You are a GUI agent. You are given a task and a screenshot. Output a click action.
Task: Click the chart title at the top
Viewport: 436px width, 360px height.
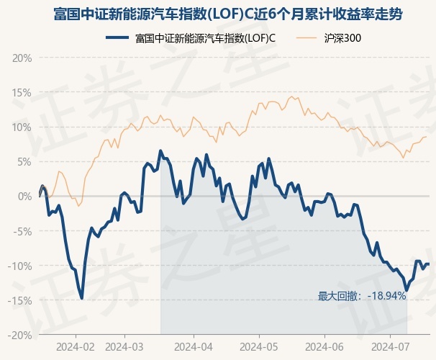point(228,14)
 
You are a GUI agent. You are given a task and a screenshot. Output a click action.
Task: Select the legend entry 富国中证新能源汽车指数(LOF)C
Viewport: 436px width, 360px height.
point(191,38)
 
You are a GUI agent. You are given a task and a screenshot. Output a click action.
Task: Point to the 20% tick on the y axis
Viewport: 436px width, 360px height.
point(22,58)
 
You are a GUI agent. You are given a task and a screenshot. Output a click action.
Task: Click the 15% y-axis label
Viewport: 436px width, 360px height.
point(22,93)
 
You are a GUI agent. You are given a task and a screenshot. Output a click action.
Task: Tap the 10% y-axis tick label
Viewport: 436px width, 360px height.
point(22,127)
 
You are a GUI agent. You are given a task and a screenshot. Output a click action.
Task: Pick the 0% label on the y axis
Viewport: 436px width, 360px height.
point(24,197)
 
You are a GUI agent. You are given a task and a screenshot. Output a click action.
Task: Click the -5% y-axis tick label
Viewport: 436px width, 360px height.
point(22,231)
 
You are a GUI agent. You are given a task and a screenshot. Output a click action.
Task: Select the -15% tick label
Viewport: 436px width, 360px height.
point(19,300)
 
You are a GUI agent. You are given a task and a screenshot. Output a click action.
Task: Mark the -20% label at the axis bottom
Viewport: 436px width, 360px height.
point(19,336)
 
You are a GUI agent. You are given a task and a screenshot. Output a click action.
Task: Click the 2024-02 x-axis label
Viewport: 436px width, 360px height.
point(76,347)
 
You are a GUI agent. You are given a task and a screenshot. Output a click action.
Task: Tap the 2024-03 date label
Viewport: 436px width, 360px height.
point(124,347)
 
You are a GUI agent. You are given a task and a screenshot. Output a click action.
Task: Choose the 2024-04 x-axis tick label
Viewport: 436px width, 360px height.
point(194,347)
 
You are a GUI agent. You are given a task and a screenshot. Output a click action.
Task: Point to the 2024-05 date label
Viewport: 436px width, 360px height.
point(259,347)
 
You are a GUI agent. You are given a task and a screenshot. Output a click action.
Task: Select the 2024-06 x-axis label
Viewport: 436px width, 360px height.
point(324,347)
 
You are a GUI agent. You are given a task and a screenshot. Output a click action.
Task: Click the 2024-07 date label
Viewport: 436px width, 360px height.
point(391,347)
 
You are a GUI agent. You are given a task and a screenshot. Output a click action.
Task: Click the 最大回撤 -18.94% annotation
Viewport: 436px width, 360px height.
point(362,296)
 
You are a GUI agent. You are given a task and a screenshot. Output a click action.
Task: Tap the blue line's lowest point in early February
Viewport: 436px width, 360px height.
point(82,299)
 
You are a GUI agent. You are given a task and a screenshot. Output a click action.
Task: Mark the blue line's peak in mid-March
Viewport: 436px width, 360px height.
point(160,150)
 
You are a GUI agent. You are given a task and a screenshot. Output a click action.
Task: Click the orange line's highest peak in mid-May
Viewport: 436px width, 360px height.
point(291,96)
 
